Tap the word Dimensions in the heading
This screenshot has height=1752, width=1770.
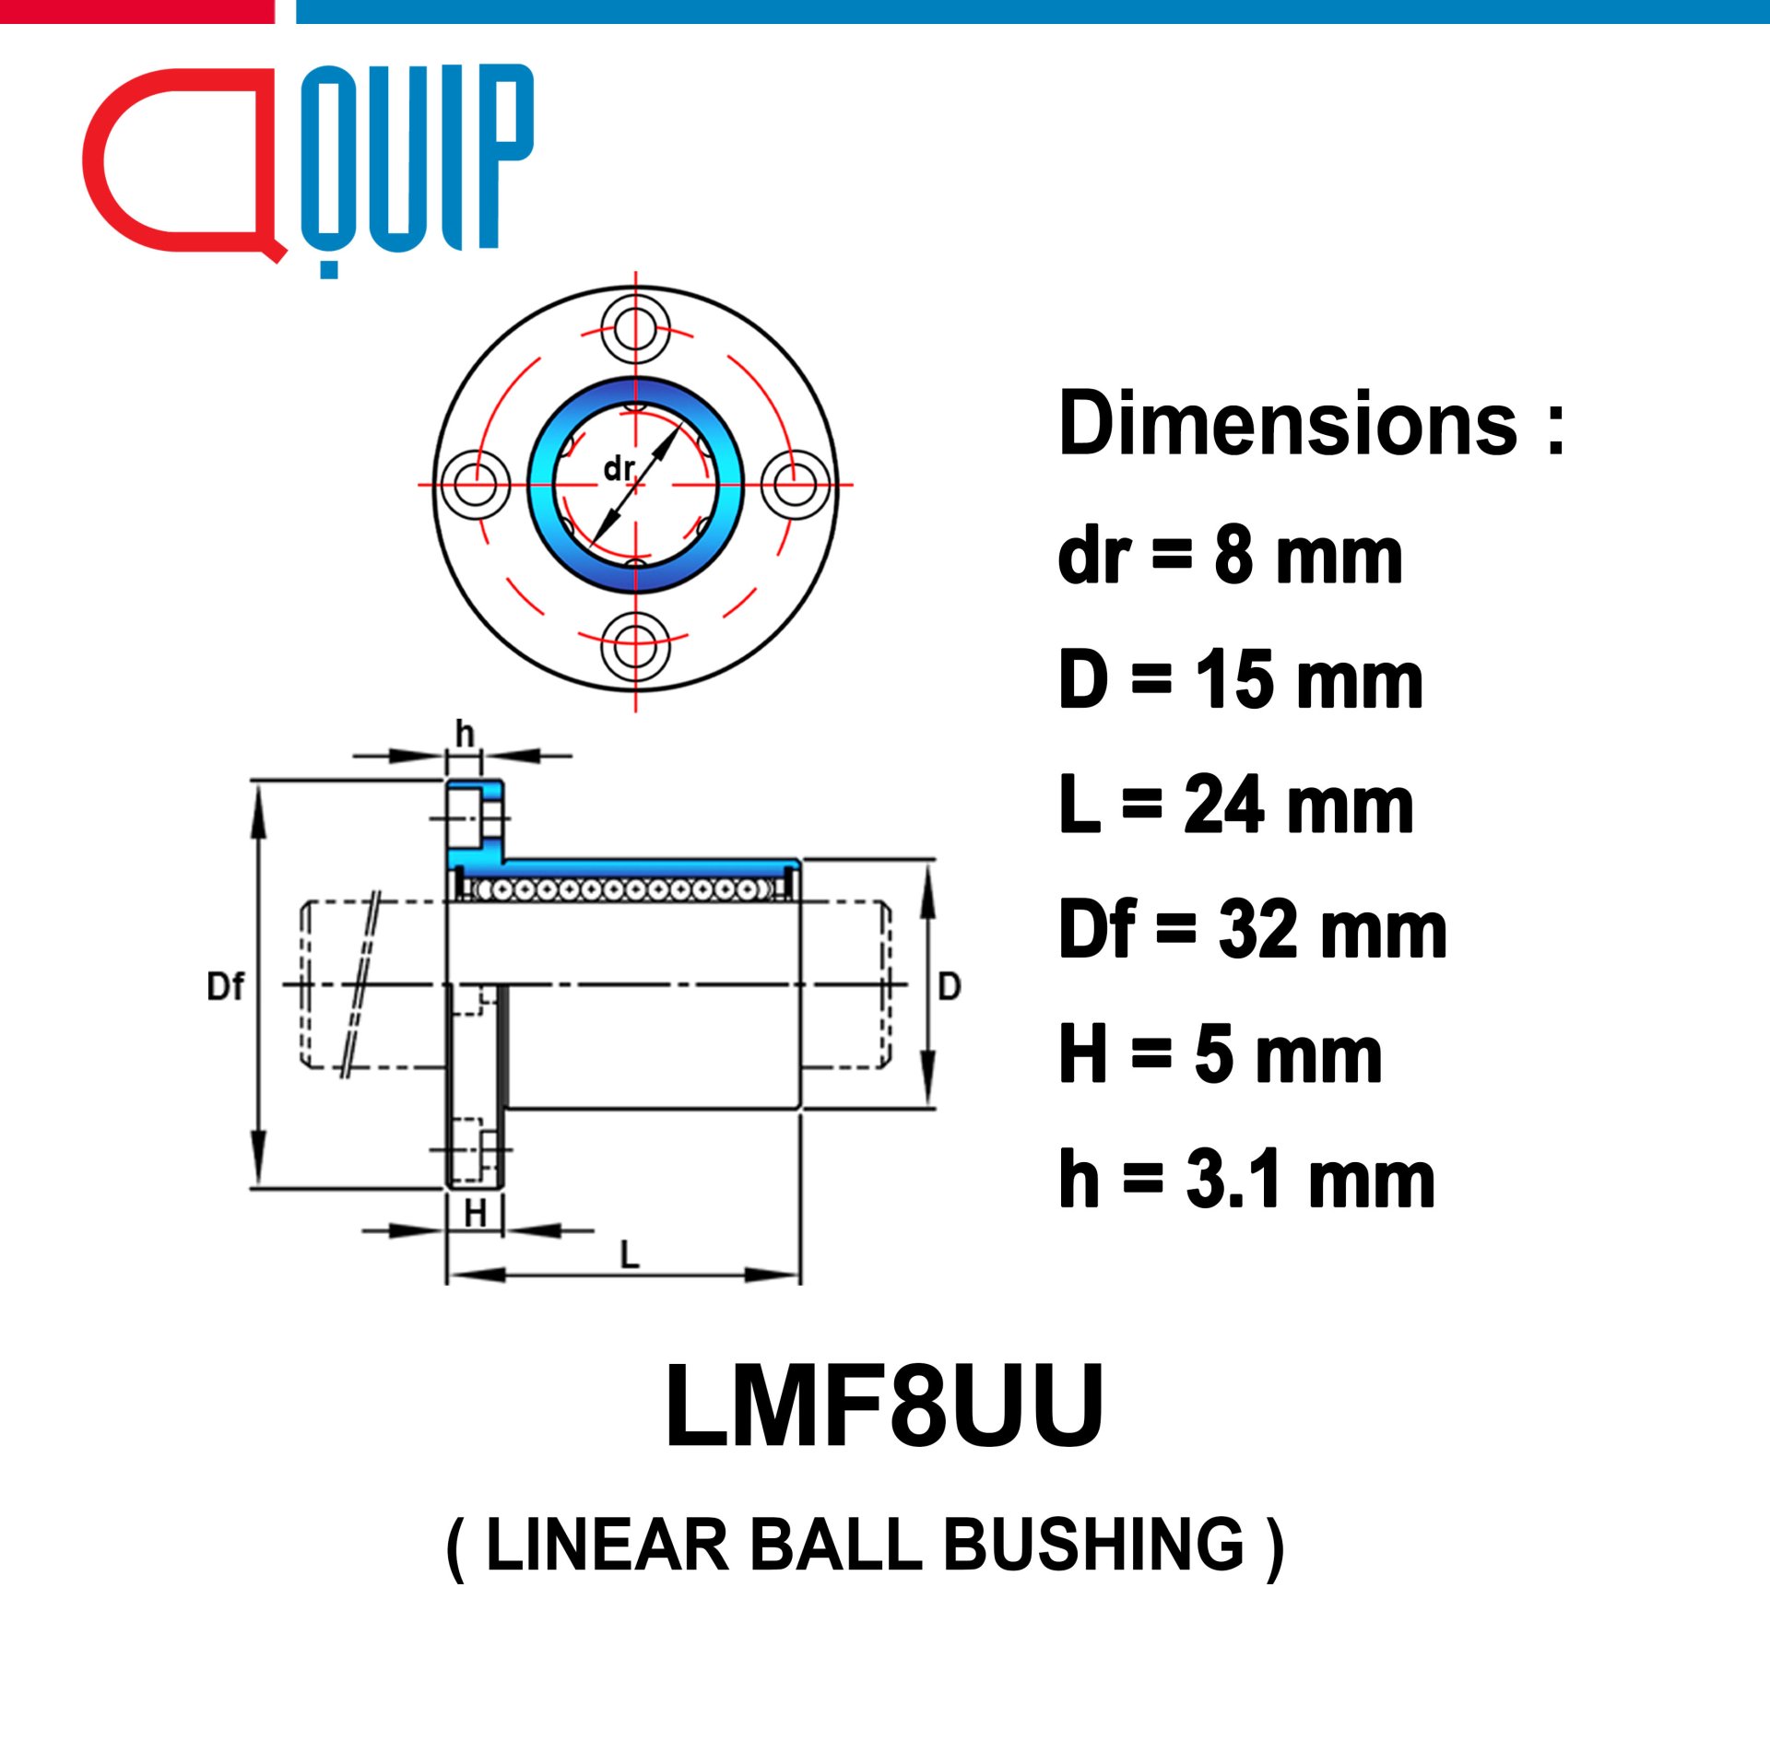(x=1288, y=423)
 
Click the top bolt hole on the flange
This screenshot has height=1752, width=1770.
(x=635, y=328)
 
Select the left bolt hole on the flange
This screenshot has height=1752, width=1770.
(x=476, y=484)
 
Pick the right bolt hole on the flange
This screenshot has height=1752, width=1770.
(x=796, y=484)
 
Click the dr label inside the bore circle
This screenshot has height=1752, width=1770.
(x=619, y=469)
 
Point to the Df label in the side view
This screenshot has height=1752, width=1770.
(x=225, y=987)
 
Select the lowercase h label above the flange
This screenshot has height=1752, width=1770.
(x=465, y=735)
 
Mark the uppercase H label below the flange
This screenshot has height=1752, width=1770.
(x=475, y=1214)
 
